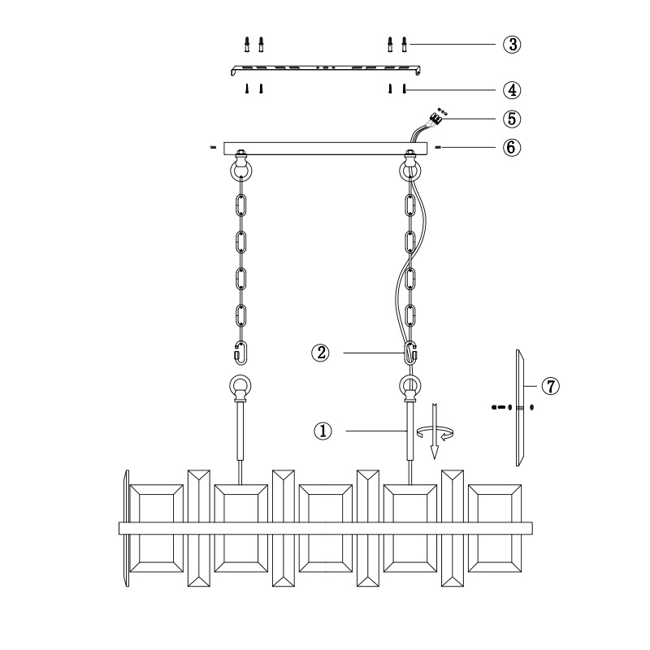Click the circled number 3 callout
click(512, 45)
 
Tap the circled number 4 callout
click(512, 90)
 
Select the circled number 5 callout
click(512, 119)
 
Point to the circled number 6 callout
click(512, 147)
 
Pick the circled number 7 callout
click(551, 387)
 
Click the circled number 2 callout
click(320, 353)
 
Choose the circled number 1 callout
click(323, 431)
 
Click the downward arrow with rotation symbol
click(435, 431)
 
